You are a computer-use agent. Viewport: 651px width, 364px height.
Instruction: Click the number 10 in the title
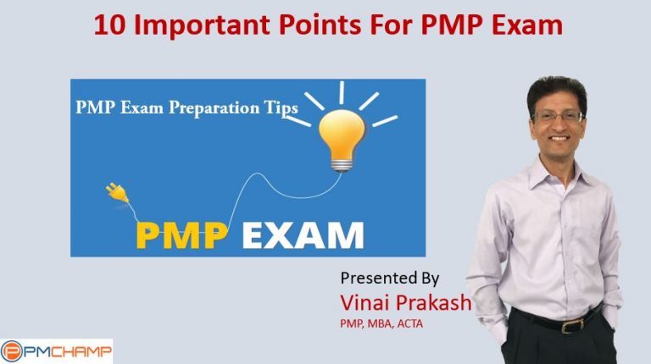point(108,25)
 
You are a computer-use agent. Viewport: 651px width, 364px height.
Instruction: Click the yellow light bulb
point(342,136)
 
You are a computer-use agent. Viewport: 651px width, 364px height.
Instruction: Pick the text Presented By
point(390,278)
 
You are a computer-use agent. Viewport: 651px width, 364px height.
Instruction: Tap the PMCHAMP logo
point(57,350)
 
